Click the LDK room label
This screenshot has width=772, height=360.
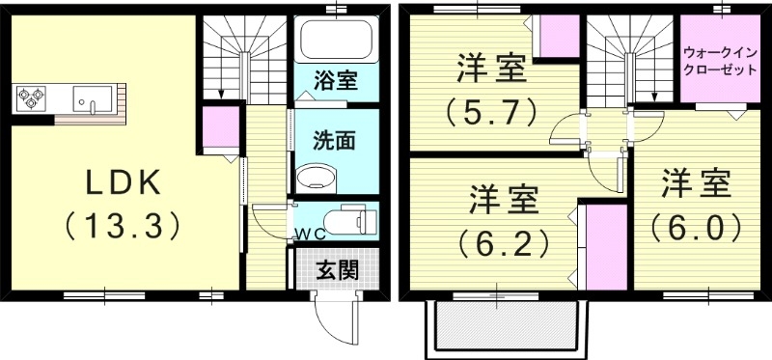(x=124, y=181)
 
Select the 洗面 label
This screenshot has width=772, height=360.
(x=334, y=141)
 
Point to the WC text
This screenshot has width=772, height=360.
(x=310, y=234)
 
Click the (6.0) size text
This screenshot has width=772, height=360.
(x=696, y=227)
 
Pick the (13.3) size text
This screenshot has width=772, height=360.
(x=124, y=227)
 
